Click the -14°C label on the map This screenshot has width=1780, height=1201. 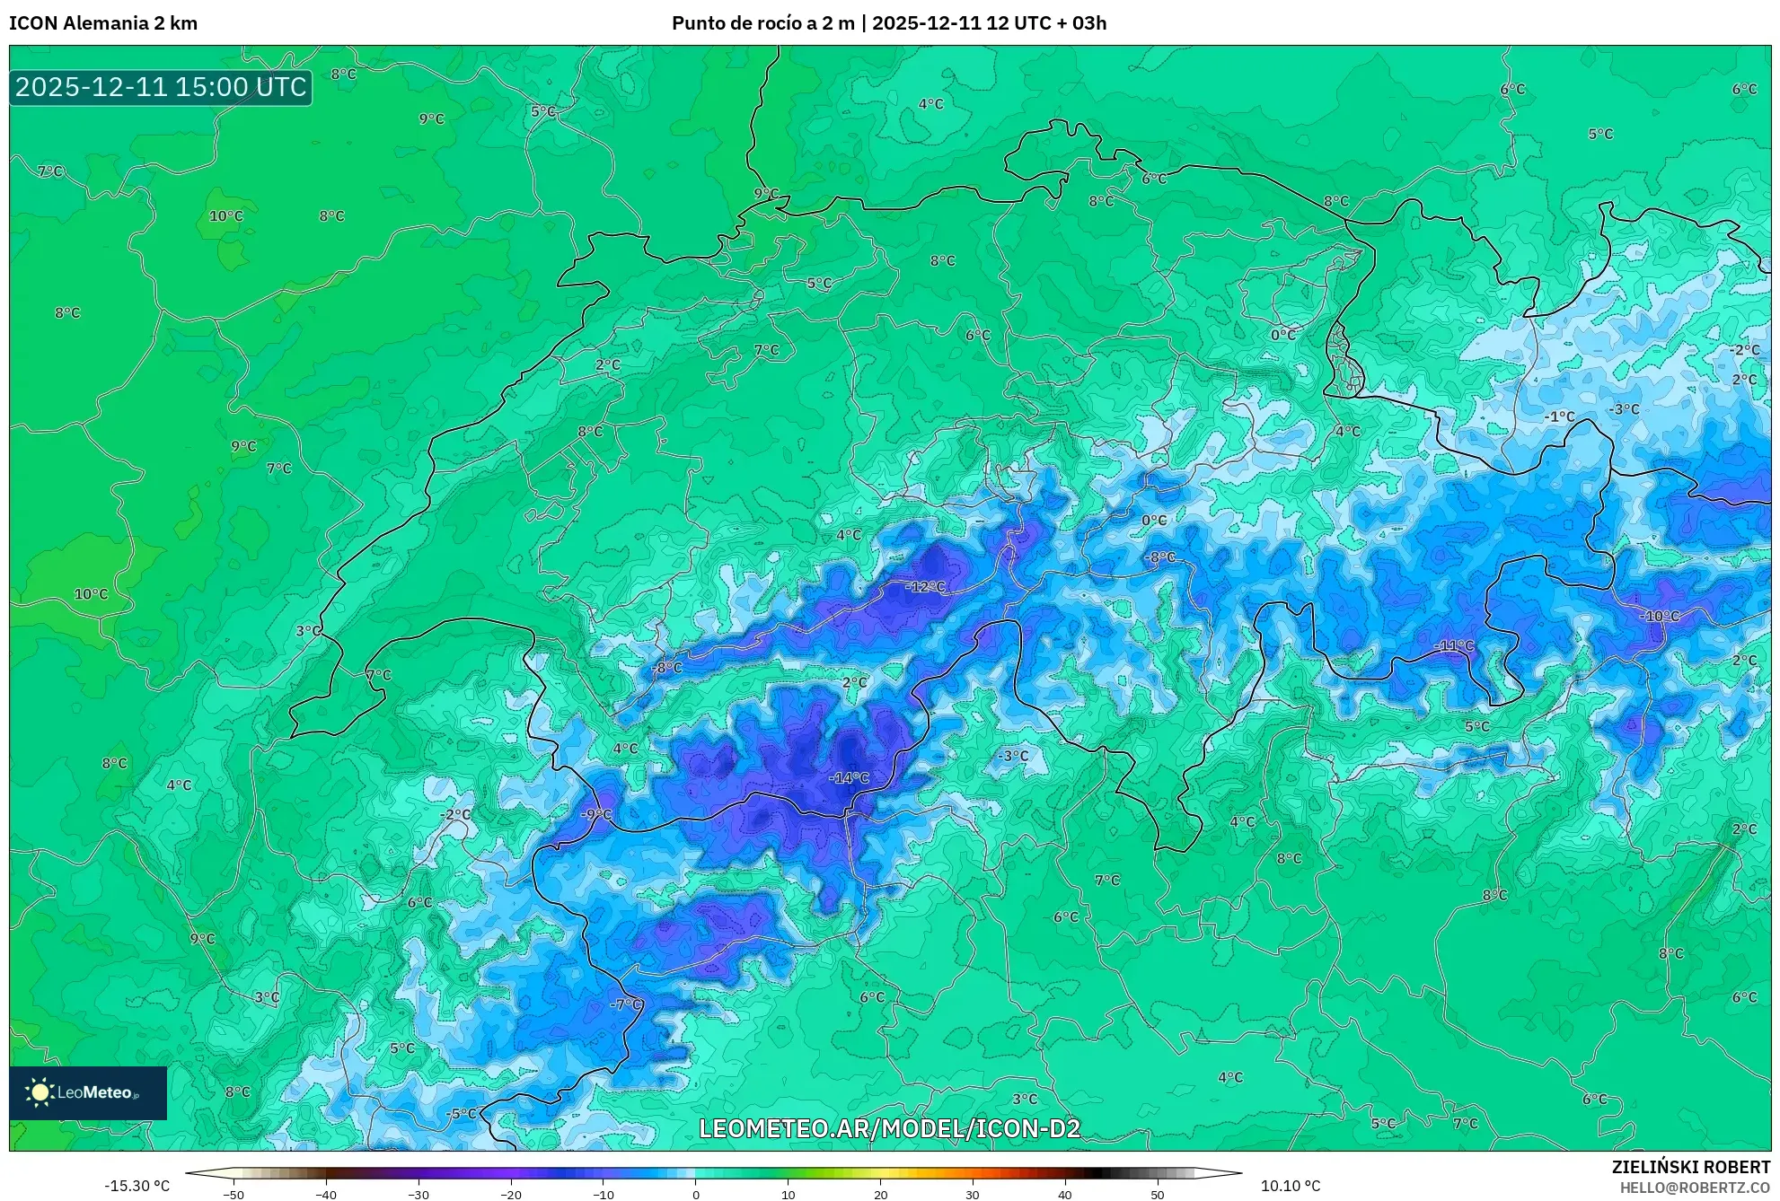click(x=849, y=778)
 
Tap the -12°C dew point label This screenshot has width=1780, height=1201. click(x=926, y=587)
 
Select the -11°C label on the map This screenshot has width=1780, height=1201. click(x=1453, y=646)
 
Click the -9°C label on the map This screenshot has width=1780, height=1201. click(x=595, y=815)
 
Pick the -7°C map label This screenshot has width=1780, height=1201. click(x=626, y=1004)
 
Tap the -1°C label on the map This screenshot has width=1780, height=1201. click(x=1559, y=416)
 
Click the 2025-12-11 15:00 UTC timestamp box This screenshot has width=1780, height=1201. click(x=161, y=87)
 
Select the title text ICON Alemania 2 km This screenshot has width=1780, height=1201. click(x=103, y=23)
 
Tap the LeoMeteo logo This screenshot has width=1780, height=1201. click(x=87, y=1092)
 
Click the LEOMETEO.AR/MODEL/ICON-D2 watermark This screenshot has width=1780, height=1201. click(x=889, y=1128)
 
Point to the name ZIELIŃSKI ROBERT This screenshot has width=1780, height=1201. click(x=1690, y=1167)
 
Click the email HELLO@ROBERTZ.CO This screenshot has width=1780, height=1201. click(x=1694, y=1188)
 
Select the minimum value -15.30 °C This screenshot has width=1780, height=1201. click(x=137, y=1186)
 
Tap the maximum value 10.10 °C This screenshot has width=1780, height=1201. click(x=1290, y=1186)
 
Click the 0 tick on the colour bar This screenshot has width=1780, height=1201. click(x=695, y=1195)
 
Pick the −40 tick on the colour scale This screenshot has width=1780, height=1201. click(x=326, y=1195)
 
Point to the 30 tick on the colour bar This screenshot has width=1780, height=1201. click(x=973, y=1195)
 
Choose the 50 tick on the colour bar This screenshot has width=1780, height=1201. click(x=1157, y=1195)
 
